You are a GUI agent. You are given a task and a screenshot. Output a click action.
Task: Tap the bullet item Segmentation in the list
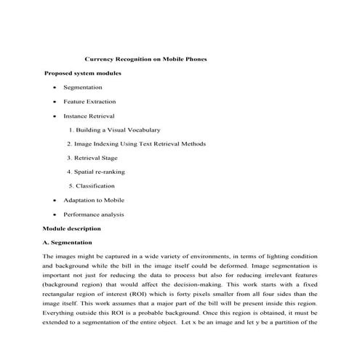pos(82,87)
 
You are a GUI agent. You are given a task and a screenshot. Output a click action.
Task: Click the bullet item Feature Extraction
pos(89,102)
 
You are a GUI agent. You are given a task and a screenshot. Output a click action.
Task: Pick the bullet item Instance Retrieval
pos(89,116)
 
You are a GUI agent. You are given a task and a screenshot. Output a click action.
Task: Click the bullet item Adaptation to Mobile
pos(94,200)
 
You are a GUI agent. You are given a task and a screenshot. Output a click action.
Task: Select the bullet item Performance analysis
pos(94,215)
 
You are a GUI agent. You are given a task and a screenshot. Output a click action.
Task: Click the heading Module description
pos(76,228)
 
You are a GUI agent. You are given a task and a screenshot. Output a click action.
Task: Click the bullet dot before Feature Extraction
pos(55,102)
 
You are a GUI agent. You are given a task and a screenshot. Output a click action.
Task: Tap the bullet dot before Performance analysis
pos(55,215)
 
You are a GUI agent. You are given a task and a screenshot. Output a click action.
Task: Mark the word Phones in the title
pos(196,59)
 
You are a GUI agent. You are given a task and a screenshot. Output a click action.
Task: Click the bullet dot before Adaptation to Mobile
pos(55,200)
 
